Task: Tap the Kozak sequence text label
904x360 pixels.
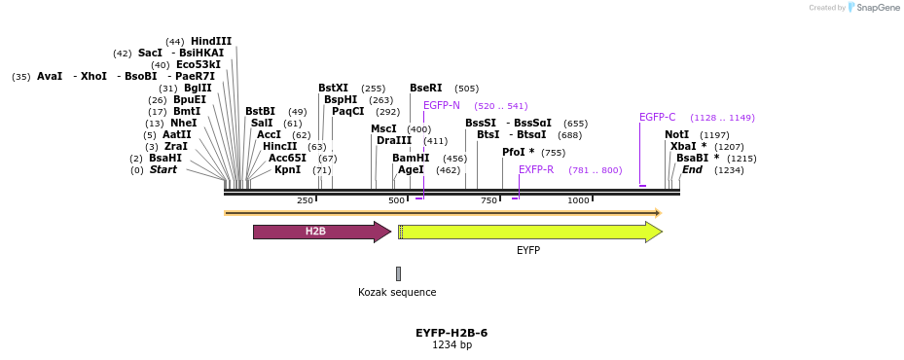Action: point(397,292)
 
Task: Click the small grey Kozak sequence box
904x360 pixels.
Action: point(398,273)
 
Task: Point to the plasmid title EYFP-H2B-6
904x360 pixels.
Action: point(452,333)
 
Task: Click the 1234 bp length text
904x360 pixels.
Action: point(452,345)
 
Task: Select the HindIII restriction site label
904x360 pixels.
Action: point(211,41)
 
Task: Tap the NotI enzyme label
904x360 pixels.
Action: point(676,134)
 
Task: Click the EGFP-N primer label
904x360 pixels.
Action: point(442,105)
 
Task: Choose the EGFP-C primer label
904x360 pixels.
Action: point(657,117)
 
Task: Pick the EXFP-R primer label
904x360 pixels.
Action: point(536,169)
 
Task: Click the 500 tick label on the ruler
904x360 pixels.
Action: point(396,200)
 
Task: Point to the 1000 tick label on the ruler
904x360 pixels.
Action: point(578,200)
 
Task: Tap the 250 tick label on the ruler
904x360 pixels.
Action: point(305,200)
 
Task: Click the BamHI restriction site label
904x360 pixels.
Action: point(411,158)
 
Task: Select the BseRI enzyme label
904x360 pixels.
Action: point(425,88)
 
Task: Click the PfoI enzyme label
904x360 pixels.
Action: point(519,152)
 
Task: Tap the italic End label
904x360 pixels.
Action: point(692,169)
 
